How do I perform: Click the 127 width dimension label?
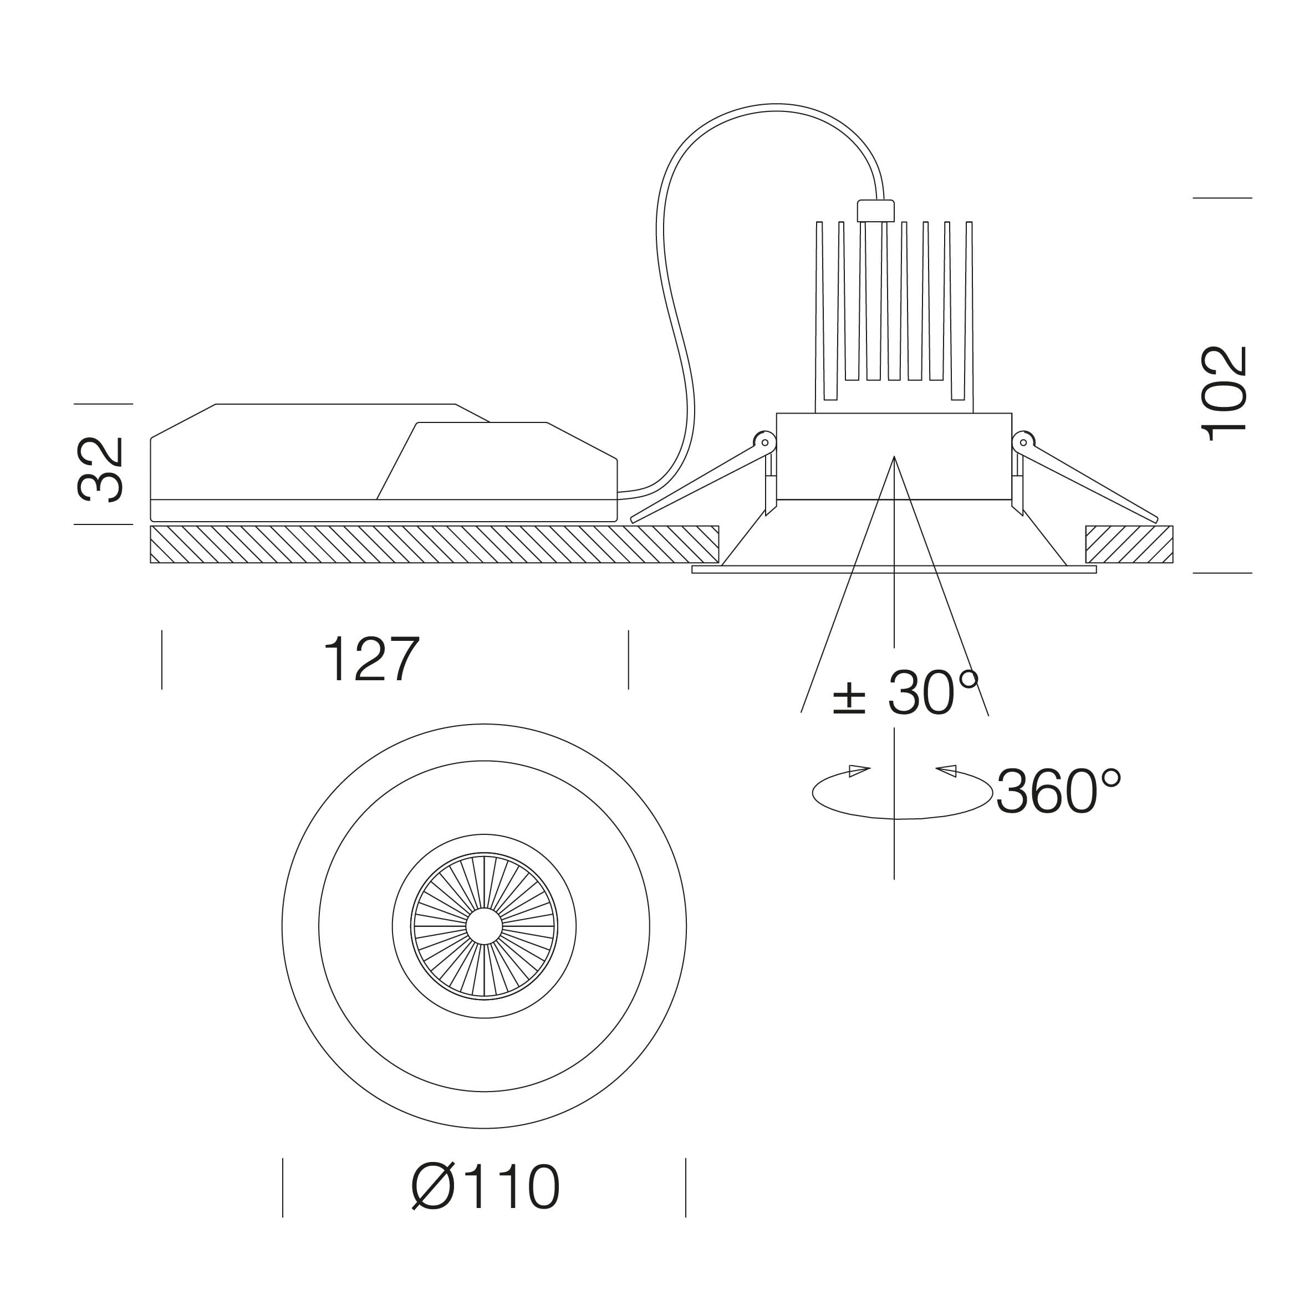click(371, 659)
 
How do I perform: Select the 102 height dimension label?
click(1225, 394)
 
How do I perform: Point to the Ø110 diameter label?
click(486, 1186)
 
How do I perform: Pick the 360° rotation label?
click(1058, 791)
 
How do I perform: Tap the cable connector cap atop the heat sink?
click(875, 211)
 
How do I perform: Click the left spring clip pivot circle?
click(765, 442)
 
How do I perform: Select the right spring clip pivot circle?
click(1023, 442)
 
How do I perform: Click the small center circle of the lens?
click(484, 926)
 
